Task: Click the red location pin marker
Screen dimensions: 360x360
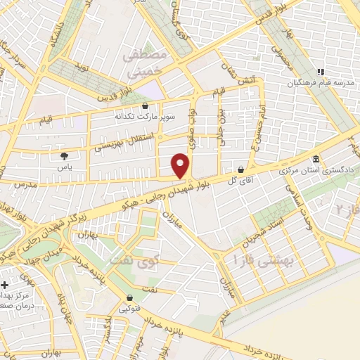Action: pyautogui.click(x=181, y=166)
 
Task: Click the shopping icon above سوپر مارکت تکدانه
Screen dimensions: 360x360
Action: pyautogui.click(x=146, y=105)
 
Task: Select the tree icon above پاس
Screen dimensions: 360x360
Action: pyautogui.click(x=65, y=157)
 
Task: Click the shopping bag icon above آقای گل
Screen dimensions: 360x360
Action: pyautogui.click(x=241, y=169)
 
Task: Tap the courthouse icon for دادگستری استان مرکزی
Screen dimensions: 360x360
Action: pyautogui.click(x=316, y=159)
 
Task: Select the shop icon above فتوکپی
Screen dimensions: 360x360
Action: pyautogui.click(x=129, y=298)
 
